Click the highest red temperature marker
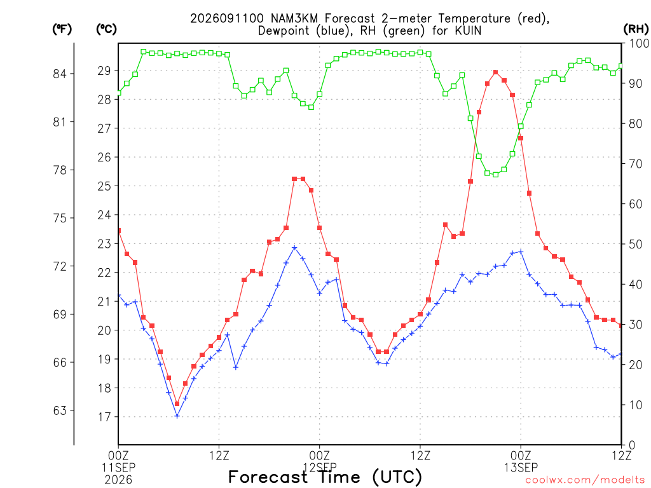(x=496, y=72)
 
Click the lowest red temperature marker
(x=177, y=403)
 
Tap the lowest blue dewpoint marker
(x=177, y=416)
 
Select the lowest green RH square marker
(x=496, y=175)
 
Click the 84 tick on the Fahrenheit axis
(x=60, y=74)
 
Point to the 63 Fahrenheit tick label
(x=60, y=410)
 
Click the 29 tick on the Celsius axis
(x=104, y=71)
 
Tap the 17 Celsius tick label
(x=104, y=417)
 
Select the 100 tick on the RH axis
(x=639, y=43)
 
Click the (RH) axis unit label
(x=636, y=29)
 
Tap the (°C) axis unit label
(x=106, y=29)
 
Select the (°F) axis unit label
(x=62, y=29)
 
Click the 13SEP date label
(x=521, y=468)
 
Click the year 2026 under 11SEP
(x=118, y=480)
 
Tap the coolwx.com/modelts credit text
(x=585, y=480)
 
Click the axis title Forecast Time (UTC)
(x=325, y=477)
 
